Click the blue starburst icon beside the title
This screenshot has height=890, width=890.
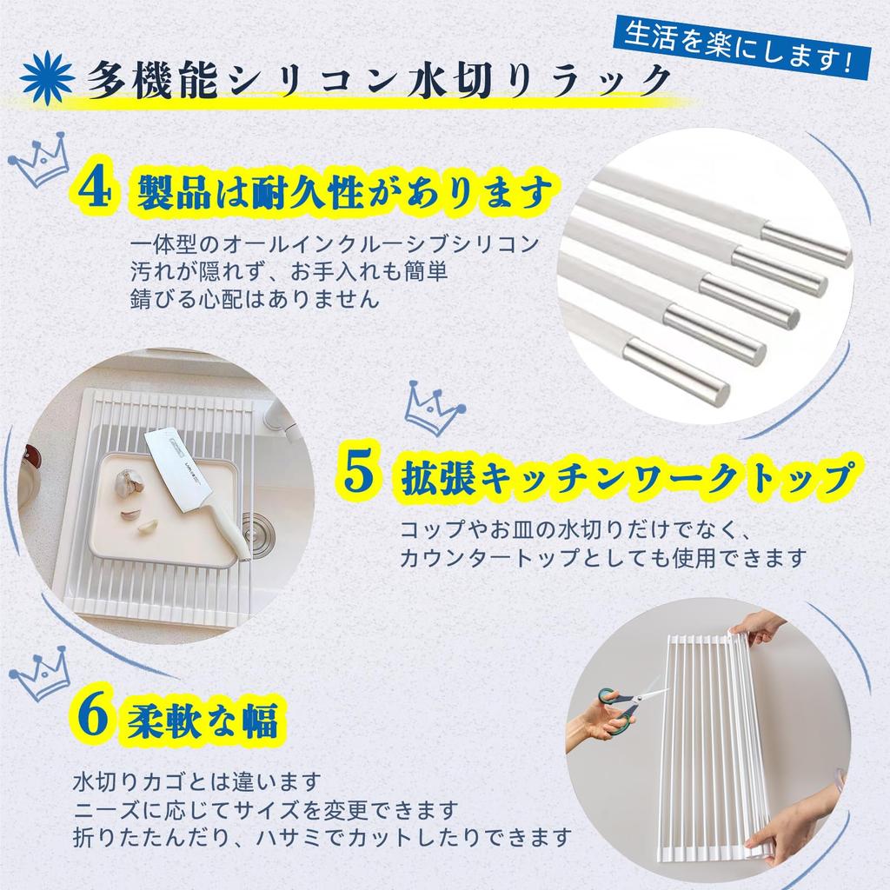point(43,77)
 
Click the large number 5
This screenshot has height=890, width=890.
point(358,474)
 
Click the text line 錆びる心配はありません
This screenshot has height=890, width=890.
point(253,301)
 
